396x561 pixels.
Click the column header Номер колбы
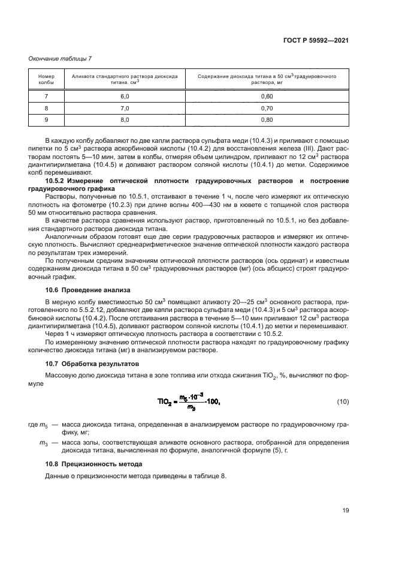pos(46,80)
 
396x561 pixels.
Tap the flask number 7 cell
pos(46,97)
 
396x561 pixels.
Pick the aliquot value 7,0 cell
pos(125,109)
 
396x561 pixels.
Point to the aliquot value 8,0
pos(125,120)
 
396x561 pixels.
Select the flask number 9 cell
pos(46,120)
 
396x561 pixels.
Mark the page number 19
pos(345,511)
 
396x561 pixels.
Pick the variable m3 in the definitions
pos(43,443)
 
